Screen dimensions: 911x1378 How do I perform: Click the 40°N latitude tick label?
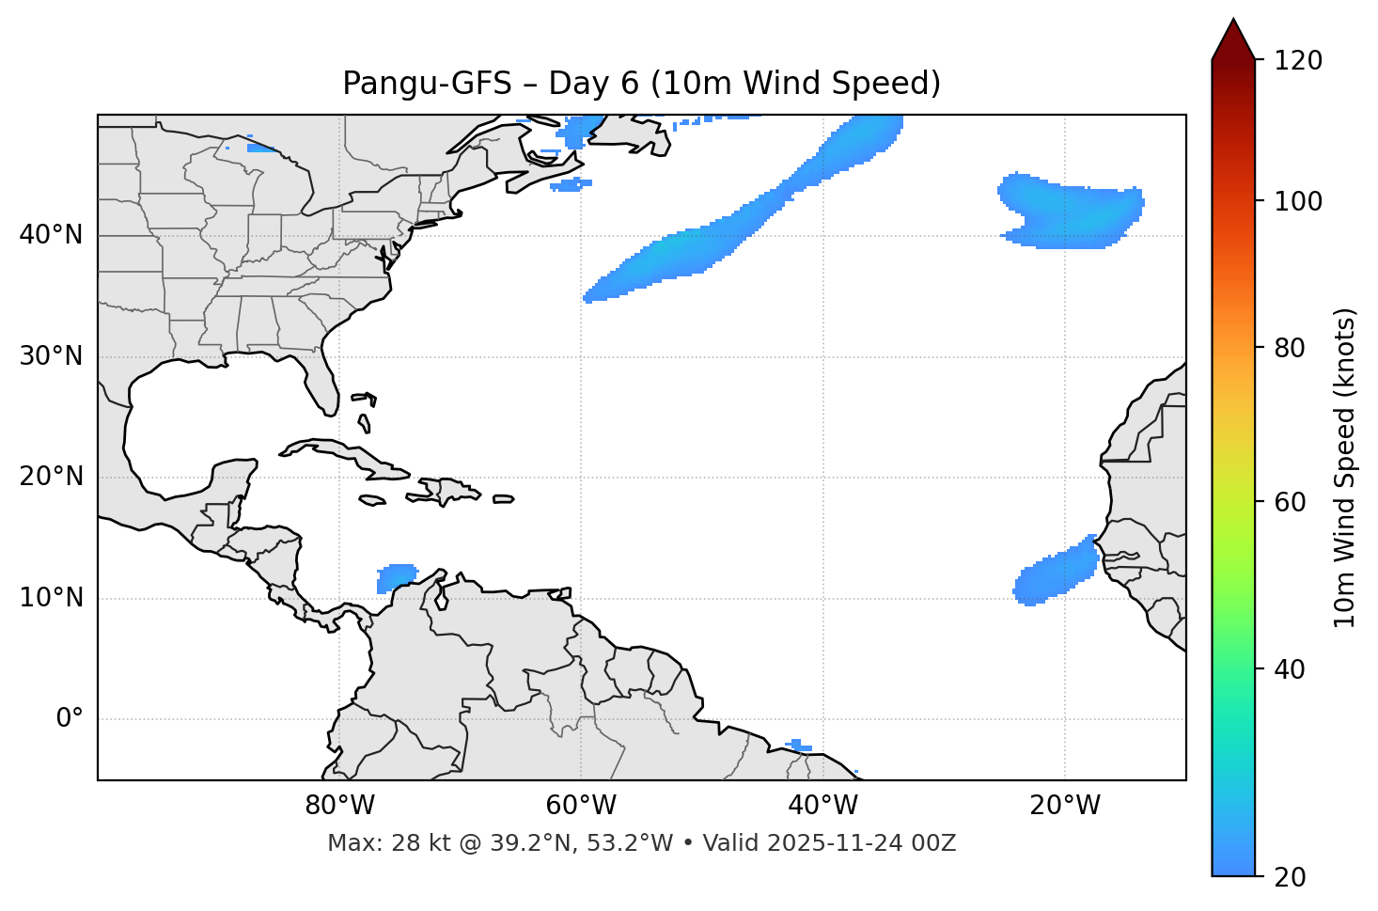click(51, 235)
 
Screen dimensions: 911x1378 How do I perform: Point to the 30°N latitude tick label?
click(51, 356)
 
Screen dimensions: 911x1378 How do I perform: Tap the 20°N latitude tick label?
click(51, 477)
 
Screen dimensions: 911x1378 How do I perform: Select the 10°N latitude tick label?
click(51, 598)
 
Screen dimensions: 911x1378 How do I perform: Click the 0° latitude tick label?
click(70, 719)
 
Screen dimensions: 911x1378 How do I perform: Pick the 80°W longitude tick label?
click(339, 806)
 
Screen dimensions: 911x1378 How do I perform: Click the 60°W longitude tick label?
click(581, 806)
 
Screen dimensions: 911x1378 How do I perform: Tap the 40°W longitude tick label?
click(823, 806)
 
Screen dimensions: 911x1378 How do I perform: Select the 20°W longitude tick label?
click(1065, 806)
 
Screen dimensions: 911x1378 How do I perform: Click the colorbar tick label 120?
click(1298, 61)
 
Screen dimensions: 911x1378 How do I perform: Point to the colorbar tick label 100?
click(1298, 201)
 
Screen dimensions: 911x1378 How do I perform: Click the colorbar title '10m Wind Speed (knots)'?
click(1345, 468)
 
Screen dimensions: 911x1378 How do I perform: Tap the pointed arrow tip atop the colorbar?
click(1233, 23)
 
